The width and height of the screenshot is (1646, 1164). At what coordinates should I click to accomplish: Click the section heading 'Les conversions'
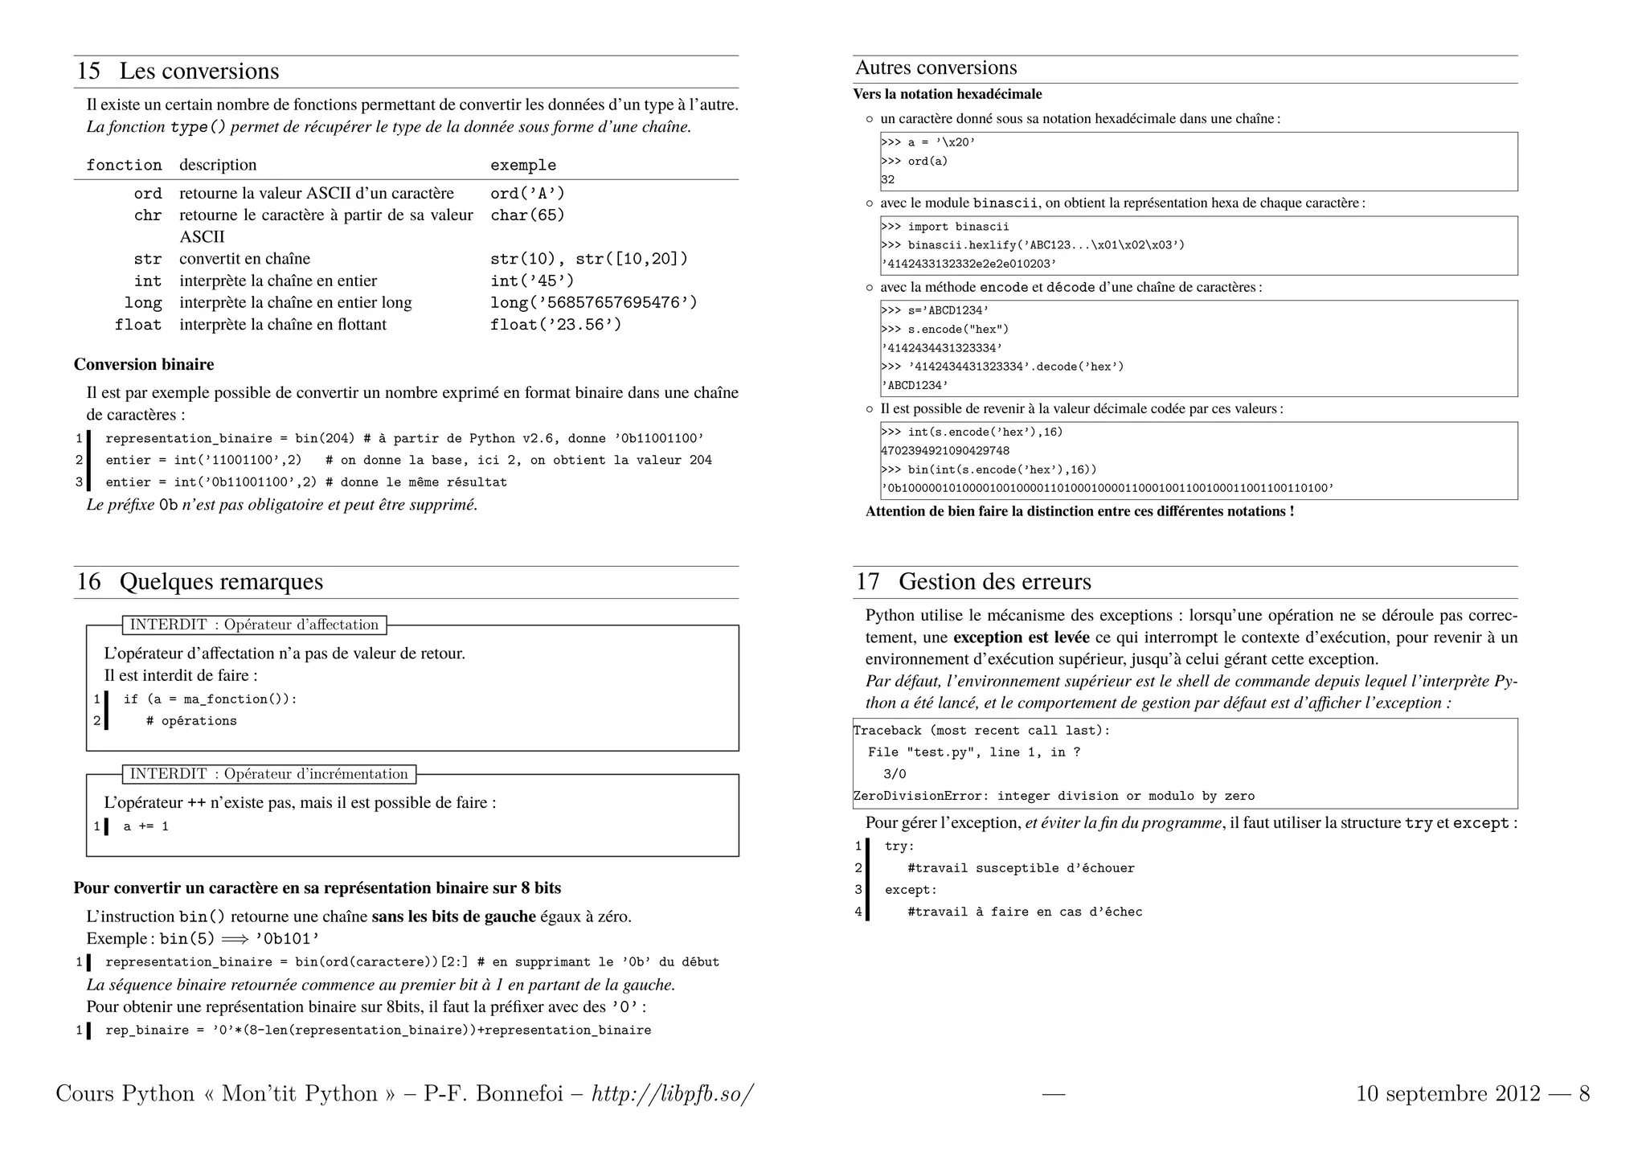(x=199, y=71)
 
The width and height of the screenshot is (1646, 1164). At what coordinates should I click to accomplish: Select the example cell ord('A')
(x=527, y=193)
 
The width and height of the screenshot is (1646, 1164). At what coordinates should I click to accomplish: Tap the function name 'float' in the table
(x=137, y=325)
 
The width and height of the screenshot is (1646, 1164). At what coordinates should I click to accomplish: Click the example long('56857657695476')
(x=593, y=302)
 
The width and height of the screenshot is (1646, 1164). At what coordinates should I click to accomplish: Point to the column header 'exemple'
(x=522, y=165)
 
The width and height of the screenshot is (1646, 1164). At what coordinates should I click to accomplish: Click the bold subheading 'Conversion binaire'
(x=144, y=364)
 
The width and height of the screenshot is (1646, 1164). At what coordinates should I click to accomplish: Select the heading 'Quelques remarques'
(x=221, y=581)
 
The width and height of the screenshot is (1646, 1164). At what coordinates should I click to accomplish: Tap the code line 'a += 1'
(x=145, y=826)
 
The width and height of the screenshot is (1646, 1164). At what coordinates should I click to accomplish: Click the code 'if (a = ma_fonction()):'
(x=210, y=699)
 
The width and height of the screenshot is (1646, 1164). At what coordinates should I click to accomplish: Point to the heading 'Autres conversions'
(x=936, y=68)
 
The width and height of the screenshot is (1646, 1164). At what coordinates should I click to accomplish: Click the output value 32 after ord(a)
(x=887, y=180)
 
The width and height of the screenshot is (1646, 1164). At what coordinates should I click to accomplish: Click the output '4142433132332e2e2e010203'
(x=968, y=264)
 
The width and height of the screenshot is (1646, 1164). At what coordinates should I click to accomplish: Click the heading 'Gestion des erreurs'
(x=994, y=581)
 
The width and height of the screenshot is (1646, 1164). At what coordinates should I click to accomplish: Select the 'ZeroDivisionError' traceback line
(x=1053, y=796)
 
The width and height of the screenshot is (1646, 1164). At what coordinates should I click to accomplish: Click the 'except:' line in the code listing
(x=910, y=890)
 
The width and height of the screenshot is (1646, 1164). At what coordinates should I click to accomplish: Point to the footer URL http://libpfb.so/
(x=673, y=1094)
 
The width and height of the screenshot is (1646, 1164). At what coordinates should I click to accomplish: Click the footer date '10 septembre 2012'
(x=1447, y=1094)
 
